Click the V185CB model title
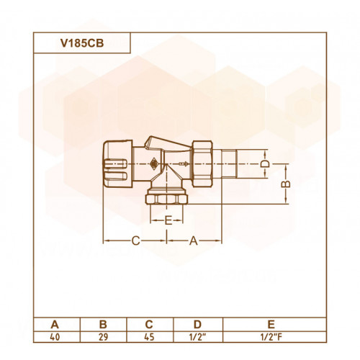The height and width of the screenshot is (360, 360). [82, 43]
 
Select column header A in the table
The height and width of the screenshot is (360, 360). [55, 325]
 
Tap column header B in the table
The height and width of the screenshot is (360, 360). [103, 325]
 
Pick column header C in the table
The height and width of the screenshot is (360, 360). [149, 325]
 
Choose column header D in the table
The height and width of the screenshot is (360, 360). [197, 325]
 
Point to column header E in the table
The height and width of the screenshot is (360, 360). [271, 325]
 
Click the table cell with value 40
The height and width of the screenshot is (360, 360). [55, 337]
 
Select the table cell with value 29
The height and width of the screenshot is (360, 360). [103, 337]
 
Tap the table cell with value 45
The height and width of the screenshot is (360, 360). [149, 337]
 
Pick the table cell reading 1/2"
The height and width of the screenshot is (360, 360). [198, 337]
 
